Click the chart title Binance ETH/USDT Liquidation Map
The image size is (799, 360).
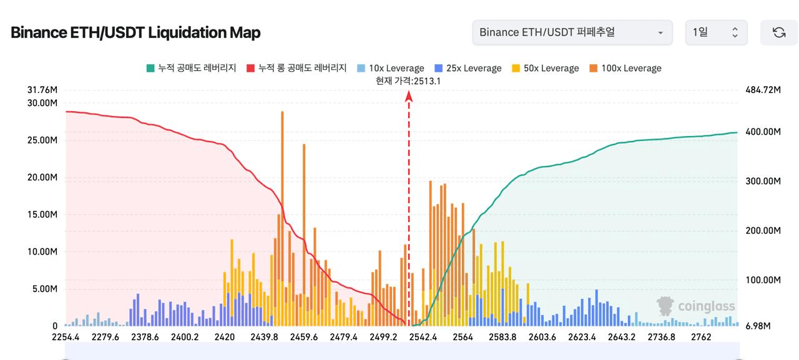point(135,32)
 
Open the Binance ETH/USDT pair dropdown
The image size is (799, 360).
point(572,32)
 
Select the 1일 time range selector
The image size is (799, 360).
point(716,32)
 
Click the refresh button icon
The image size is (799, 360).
point(778,32)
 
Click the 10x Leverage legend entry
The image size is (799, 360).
point(391,68)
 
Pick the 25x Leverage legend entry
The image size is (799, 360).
point(468,68)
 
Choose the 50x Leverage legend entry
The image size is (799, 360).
point(545,68)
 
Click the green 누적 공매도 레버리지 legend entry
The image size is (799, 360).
point(191,68)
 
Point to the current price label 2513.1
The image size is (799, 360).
point(408,80)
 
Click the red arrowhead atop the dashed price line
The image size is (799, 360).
point(409,95)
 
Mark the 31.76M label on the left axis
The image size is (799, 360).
point(42,90)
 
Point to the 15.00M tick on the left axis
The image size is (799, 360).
point(42,215)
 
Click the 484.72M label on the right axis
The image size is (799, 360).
point(763,90)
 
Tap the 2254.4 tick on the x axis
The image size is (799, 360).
point(66,338)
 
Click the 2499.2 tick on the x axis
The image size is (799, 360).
point(383,338)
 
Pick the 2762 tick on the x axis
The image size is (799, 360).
point(701,338)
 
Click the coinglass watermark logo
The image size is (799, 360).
point(695,306)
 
